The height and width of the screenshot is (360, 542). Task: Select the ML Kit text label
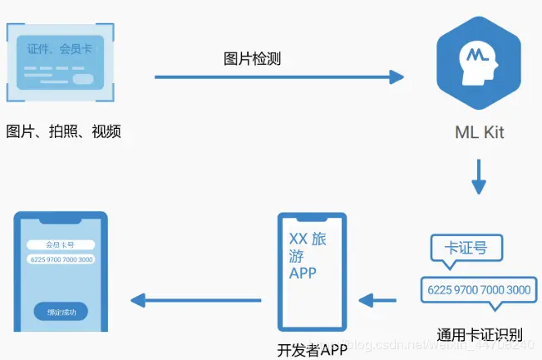point(479,132)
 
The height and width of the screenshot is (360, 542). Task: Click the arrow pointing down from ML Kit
point(478,176)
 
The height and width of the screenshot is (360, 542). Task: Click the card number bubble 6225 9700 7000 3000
point(478,289)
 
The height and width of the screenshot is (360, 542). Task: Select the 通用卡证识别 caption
point(480,334)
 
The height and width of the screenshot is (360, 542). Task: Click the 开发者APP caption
point(312,350)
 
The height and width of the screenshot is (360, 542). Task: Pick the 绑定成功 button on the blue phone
point(61,313)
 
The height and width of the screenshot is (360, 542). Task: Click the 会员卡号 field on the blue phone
point(60,244)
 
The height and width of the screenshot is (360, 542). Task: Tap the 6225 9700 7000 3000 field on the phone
point(60,259)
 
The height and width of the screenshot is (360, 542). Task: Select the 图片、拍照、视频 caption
point(64,131)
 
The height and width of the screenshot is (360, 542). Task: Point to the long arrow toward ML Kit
point(278,78)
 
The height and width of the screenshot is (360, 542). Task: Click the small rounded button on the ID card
point(83,80)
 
